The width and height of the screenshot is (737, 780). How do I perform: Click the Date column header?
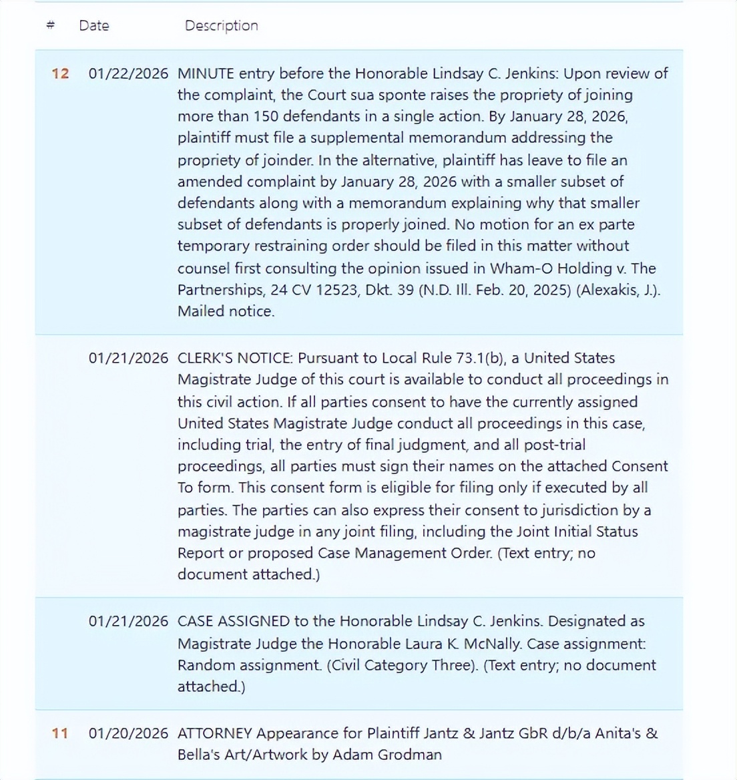coord(93,25)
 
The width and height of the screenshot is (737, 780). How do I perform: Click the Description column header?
coord(221,25)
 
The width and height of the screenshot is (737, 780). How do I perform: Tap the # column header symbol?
coord(50,25)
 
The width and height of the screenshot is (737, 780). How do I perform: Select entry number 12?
coord(60,73)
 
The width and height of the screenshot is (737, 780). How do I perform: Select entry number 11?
coord(60,733)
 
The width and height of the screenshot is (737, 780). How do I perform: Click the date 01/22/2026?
coord(128,73)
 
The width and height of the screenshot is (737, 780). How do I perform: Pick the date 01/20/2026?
coord(128,733)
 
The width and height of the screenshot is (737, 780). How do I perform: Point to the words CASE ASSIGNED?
coord(234,621)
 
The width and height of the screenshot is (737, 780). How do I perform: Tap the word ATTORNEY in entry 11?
coord(214,733)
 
